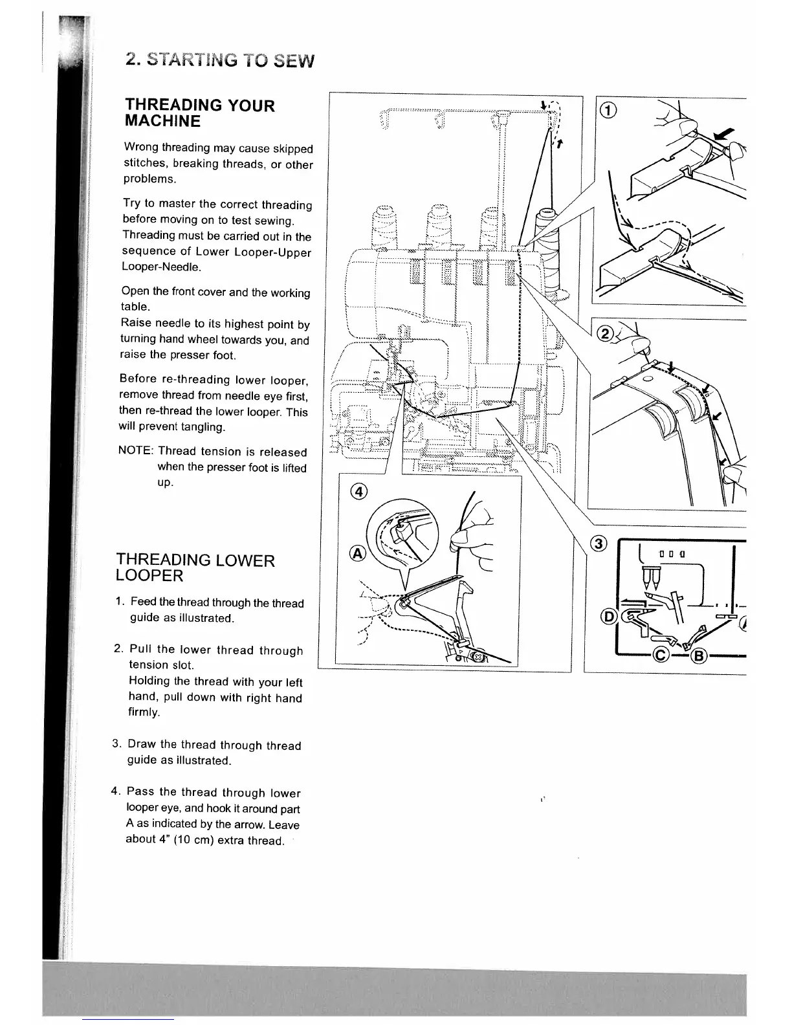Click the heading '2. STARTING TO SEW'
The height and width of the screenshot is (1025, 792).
click(220, 60)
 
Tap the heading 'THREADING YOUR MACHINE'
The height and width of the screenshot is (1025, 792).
click(199, 113)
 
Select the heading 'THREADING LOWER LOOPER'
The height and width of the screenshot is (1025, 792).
click(195, 568)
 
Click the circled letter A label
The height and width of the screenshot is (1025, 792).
click(357, 553)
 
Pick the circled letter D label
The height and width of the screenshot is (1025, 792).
click(609, 616)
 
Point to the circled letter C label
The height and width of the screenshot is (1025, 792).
click(661, 655)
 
